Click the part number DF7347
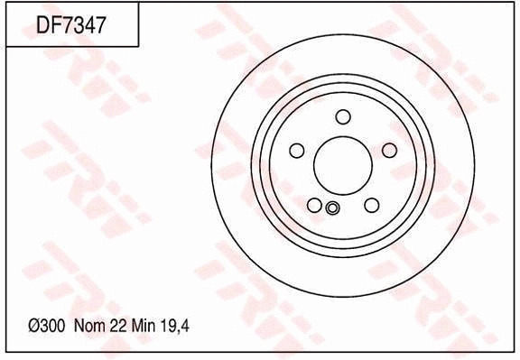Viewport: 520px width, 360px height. pyautogui.click(x=70, y=25)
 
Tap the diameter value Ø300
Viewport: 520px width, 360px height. pyautogui.click(x=46, y=326)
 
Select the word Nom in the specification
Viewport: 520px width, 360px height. pyautogui.click(x=89, y=326)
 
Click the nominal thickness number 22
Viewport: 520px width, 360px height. pyautogui.click(x=117, y=326)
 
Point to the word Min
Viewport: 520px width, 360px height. pyautogui.click(x=144, y=326)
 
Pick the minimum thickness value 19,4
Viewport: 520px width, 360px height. pyautogui.click(x=174, y=327)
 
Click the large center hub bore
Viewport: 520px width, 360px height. pyautogui.click(x=343, y=165)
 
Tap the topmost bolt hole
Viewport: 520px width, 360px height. pyautogui.click(x=343, y=116)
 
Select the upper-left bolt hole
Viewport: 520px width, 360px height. pyautogui.click(x=297, y=151)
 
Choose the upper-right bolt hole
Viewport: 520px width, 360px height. pyautogui.click(x=389, y=151)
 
